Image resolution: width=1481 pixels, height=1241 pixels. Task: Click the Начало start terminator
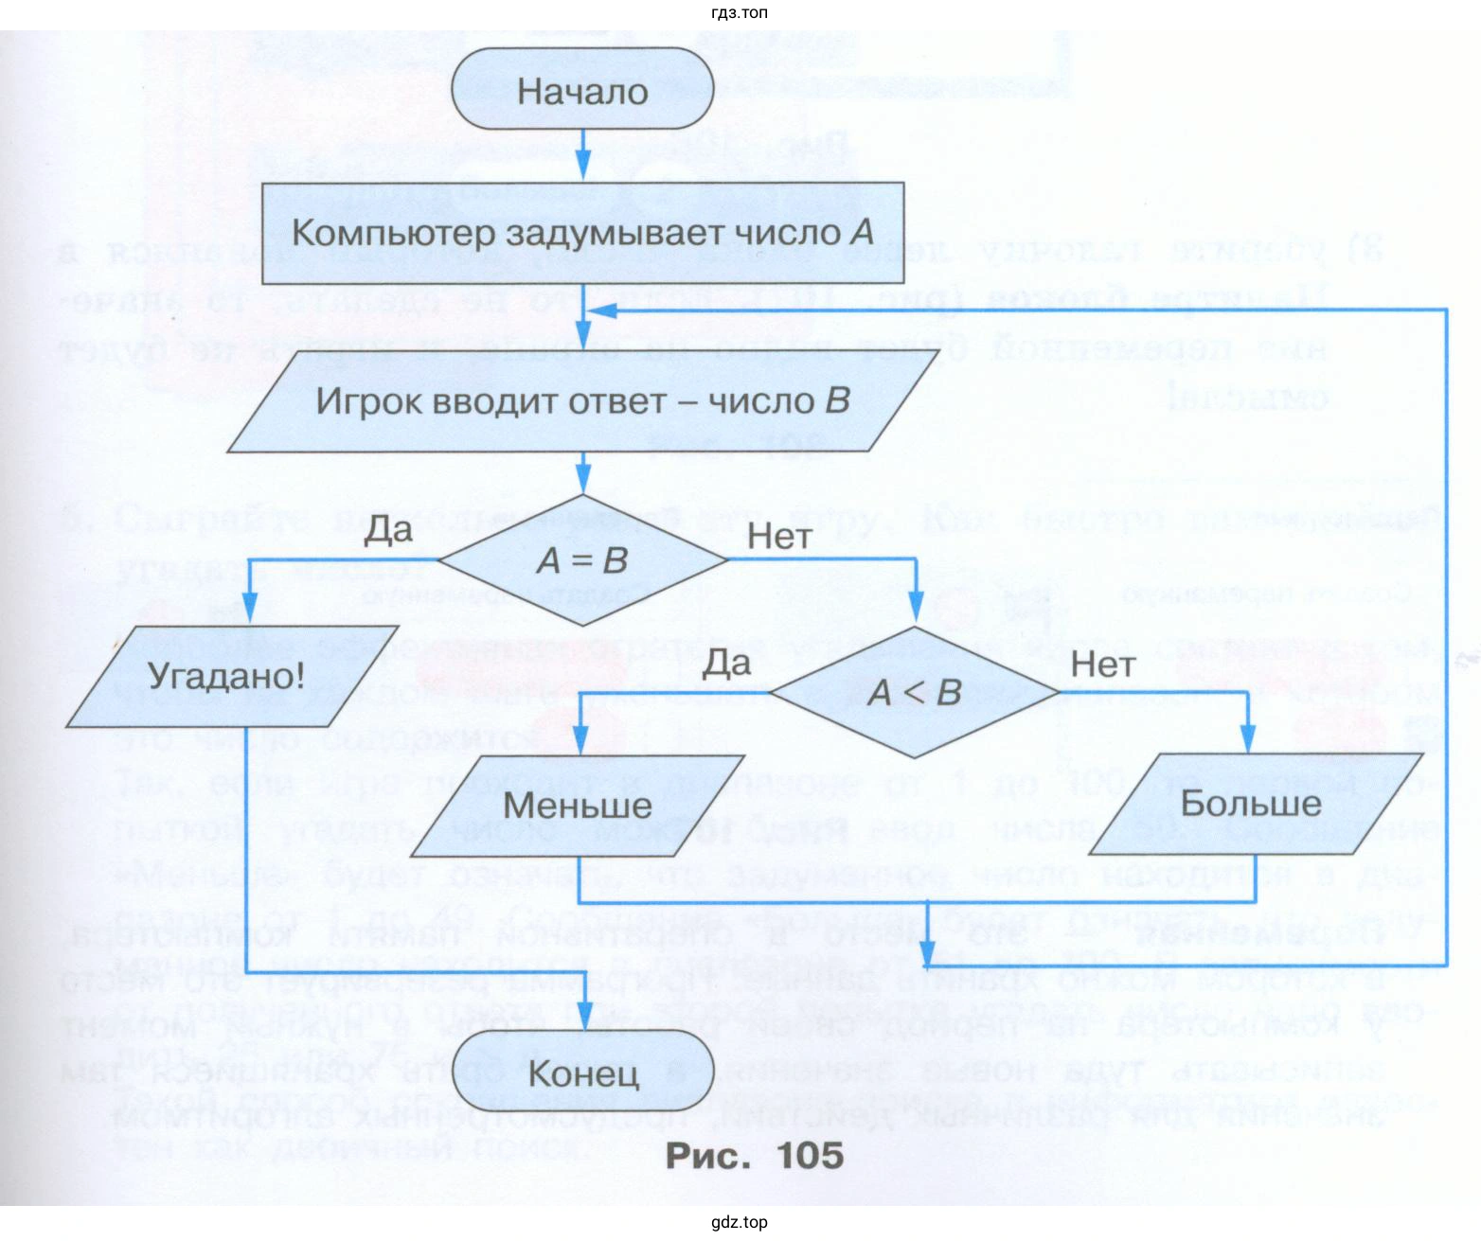[581, 91]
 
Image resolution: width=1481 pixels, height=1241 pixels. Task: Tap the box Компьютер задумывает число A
[582, 233]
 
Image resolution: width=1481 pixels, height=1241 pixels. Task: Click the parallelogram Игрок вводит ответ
[581, 401]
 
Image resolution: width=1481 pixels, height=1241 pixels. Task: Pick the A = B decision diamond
[582, 560]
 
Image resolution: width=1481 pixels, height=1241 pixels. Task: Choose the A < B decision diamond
[914, 692]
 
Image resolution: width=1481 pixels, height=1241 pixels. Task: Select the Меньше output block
[578, 805]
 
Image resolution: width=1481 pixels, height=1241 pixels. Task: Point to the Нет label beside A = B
[779, 537]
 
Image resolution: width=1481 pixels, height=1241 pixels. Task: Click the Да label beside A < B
[726, 662]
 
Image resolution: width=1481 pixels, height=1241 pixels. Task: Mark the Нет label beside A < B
[1102, 665]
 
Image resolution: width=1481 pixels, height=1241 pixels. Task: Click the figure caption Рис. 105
[754, 1156]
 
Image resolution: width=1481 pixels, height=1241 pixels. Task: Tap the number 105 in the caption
[810, 1156]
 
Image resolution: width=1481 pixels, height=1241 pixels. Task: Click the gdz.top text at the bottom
[740, 1222]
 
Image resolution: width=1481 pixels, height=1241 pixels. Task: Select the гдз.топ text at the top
[739, 12]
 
